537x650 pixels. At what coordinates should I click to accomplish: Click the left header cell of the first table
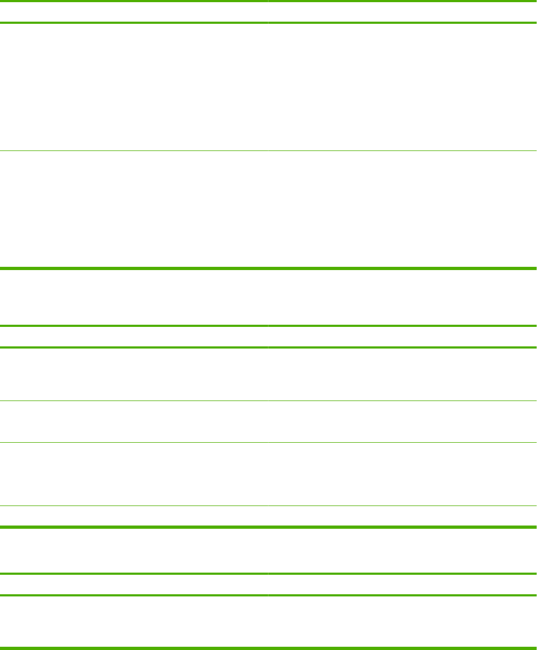click(134, 12)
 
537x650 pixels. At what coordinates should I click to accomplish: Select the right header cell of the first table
click(402, 12)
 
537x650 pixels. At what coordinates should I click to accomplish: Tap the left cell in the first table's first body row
click(134, 87)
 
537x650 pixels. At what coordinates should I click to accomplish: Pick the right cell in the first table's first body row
click(402, 87)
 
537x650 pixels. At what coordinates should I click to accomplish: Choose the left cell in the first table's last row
click(134, 208)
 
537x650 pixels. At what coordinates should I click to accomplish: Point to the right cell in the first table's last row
click(402, 208)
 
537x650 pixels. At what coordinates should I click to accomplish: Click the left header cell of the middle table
click(134, 337)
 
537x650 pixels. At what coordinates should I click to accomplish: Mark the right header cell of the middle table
click(402, 337)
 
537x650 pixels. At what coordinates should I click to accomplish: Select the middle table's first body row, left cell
click(134, 374)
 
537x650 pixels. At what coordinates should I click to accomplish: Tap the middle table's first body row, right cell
click(402, 374)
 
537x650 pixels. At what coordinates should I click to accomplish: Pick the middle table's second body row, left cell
click(134, 422)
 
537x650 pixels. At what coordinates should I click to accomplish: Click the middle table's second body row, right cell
click(402, 422)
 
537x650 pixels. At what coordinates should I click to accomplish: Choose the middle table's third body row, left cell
click(134, 474)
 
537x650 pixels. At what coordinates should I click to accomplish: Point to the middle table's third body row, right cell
click(402, 474)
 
